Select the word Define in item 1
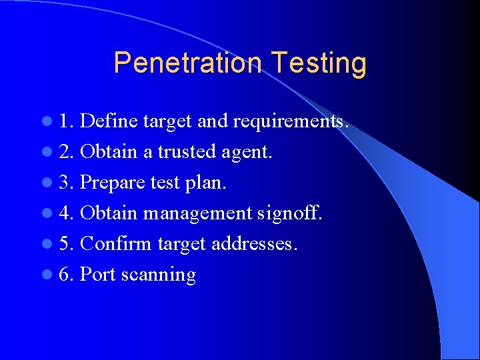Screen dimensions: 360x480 [109, 121]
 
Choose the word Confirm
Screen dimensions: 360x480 [116, 244]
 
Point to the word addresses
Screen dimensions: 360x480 [254, 244]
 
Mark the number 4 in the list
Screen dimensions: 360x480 [64, 213]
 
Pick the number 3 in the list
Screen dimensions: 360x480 [64, 183]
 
